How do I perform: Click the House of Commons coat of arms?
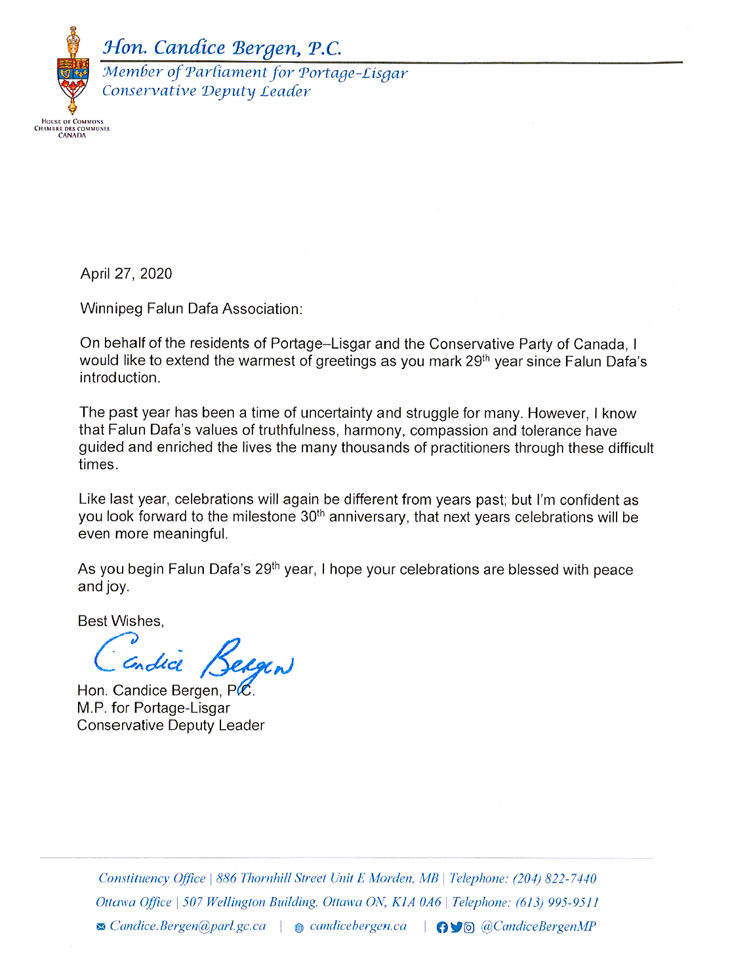(x=72, y=72)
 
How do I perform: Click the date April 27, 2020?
(x=126, y=274)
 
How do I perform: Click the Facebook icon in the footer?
(x=442, y=927)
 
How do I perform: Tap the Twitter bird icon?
(x=456, y=927)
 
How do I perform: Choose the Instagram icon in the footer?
(x=469, y=927)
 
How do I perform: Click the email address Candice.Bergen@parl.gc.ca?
(x=188, y=926)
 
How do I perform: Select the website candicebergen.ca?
(x=358, y=926)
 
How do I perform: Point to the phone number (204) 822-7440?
(x=554, y=879)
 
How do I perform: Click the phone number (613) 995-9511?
(x=557, y=902)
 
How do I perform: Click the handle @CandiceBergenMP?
(x=539, y=926)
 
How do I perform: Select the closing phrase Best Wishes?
(x=120, y=621)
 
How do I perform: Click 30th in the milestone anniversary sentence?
(x=312, y=517)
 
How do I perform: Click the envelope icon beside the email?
(x=100, y=927)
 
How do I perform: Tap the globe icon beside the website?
(x=299, y=928)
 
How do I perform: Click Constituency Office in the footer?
(x=152, y=879)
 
